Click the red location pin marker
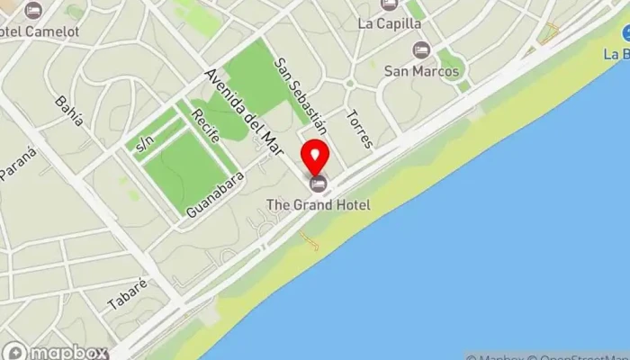(314, 157)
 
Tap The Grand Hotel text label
(319, 205)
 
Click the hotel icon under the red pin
(317, 184)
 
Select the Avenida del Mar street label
(242, 111)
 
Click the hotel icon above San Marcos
(419, 49)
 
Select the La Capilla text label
(390, 23)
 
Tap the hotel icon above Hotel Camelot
(34, 11)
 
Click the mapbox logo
(56, 352)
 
